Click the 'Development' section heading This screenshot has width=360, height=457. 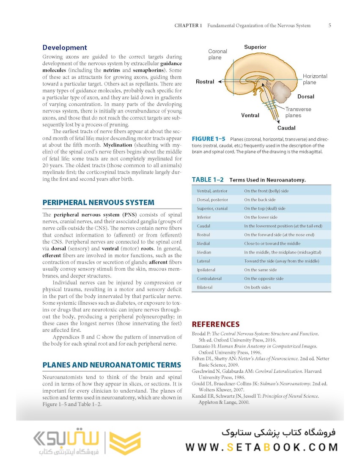65,48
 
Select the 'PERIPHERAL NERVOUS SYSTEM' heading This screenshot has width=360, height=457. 98,202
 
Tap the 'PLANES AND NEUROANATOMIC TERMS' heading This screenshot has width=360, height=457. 112,365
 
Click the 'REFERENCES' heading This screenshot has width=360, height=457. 216,324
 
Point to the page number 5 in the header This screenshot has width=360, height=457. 330,25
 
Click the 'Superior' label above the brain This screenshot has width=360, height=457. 255,47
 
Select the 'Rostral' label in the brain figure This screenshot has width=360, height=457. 205,82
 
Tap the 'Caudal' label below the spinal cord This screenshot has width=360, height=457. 286,128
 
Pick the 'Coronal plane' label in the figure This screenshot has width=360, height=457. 217,54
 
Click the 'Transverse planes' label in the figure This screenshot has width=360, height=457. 298,112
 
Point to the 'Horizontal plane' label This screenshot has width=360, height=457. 315,79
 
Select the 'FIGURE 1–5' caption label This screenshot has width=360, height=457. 209,139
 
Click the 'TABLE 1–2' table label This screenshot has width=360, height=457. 208,180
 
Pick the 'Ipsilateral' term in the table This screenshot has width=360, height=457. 206,270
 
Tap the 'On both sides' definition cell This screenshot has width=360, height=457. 257,287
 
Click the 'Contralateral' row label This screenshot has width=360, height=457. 209,278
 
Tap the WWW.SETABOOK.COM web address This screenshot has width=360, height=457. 261,447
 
